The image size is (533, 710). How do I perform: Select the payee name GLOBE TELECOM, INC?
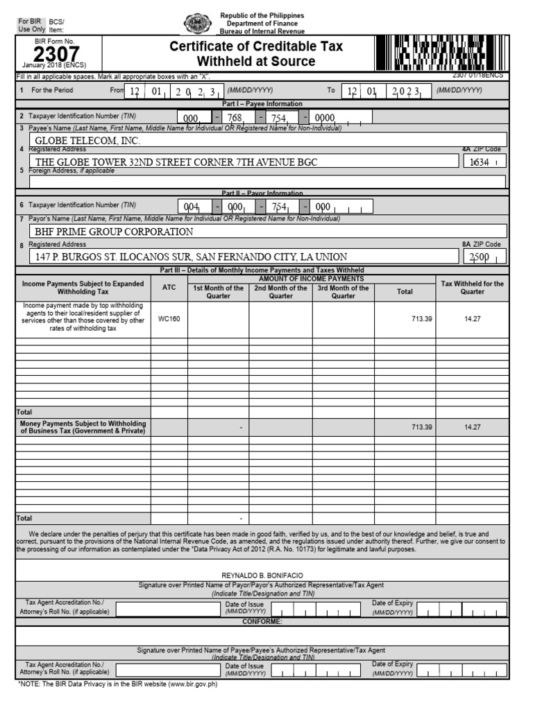coord(88,141)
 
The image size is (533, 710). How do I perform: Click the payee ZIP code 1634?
coord(480,162)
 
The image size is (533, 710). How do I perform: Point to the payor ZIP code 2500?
coord(480,257)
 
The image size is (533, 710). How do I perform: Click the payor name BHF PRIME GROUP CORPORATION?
coord(115,232)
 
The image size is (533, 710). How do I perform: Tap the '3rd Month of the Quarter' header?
coord(343,292)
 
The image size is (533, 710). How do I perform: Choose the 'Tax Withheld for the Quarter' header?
coord(472,288)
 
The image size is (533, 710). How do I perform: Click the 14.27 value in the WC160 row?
coord(472,319)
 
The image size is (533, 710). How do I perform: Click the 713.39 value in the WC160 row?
coord(421,319)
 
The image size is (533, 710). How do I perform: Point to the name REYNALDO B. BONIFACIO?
coord(260,576)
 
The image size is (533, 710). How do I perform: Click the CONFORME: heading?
coord(262,621)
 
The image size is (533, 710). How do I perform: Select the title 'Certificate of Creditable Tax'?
coord(256,47)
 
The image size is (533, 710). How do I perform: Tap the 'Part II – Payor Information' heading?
coord(262,193)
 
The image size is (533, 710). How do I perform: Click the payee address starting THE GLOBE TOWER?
coord(176,162)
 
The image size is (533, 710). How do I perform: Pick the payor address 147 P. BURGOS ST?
coord(192,257)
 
